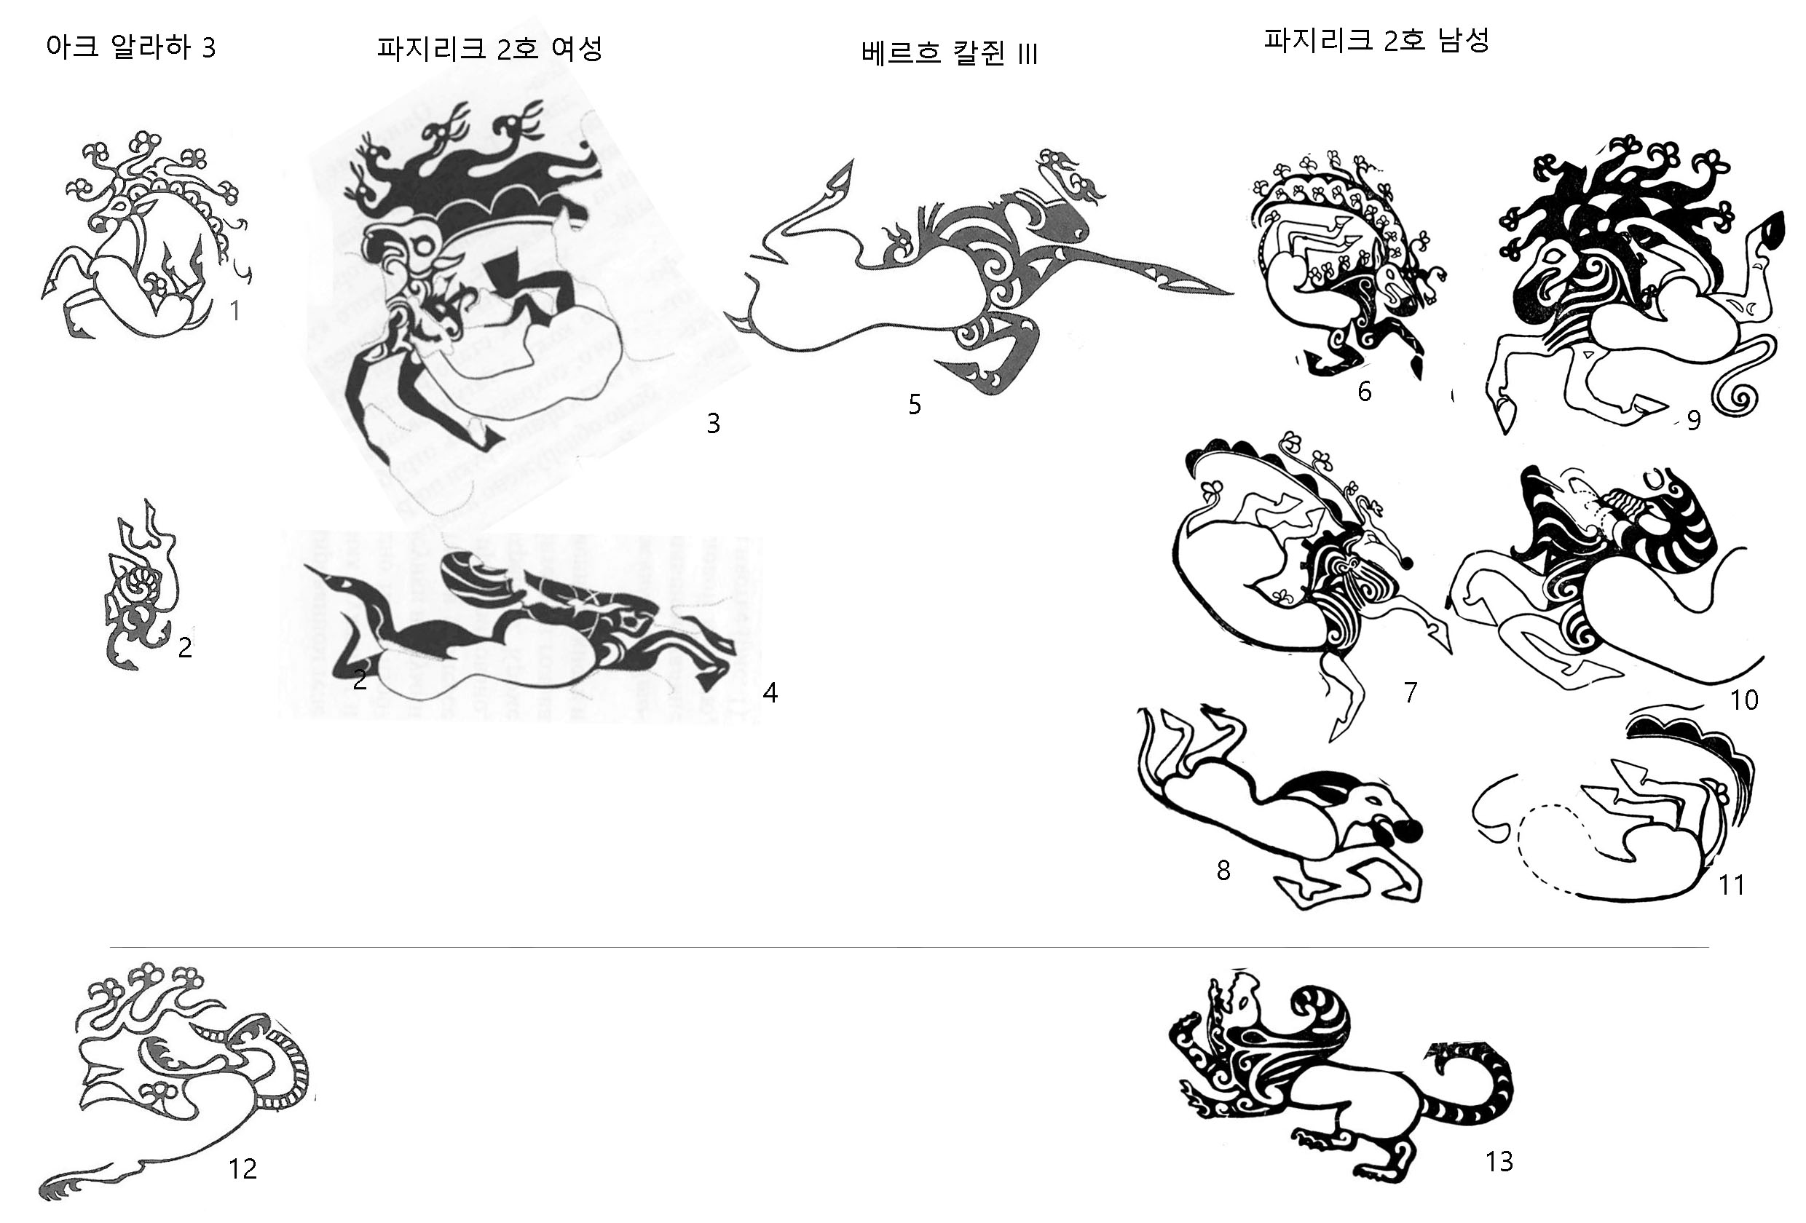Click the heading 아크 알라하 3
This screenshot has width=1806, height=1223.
(x=130, y=47)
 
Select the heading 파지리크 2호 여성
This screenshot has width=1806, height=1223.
(x=489, y=48)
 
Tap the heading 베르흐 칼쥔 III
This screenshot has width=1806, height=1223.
(x=949, y=53)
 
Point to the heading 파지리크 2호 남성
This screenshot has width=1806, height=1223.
(x=1376, y=39)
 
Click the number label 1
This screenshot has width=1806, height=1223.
(x=234, y=311)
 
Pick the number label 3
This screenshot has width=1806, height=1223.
(x=713, y=423)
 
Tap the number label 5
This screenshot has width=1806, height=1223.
(x=915, y=404)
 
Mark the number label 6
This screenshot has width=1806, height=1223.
(x=1365, y=391)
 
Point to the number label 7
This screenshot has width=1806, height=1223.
(x=1411, y=692)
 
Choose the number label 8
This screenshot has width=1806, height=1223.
(x=1223, y=870)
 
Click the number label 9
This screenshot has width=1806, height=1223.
(x=1693, y=420)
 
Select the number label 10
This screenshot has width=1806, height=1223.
(x=1744, y=700)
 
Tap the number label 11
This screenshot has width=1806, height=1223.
(x=1732, y=884)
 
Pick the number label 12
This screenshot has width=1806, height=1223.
(x=242, y=1168)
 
